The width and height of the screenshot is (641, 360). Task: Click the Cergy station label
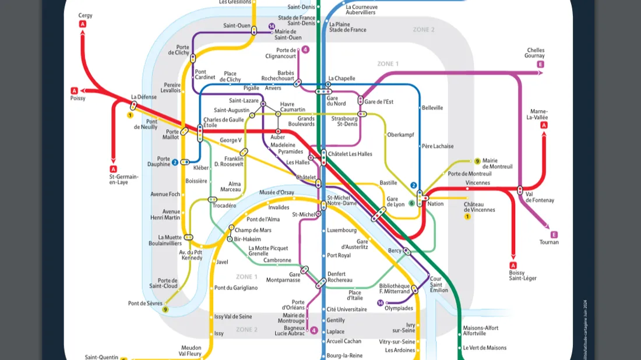(85, 16)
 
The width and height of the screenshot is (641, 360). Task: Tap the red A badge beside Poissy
(74, 90)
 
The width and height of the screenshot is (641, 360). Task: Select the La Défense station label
(143, 97)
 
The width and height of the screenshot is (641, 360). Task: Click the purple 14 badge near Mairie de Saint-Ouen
(272, 26)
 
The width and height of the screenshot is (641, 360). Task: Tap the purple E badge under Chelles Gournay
(540, 64)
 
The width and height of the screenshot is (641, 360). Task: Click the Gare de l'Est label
(379, 102)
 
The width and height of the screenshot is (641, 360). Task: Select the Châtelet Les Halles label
(350, 154)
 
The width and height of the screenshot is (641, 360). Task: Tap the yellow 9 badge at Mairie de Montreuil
(477, 161)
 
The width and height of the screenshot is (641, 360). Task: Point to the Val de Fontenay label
(540, 197)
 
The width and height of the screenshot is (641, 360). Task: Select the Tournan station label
(549, 242)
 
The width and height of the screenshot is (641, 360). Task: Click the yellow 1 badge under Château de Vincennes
(467, 217)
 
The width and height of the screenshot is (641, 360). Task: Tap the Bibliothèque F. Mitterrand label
(395, 289)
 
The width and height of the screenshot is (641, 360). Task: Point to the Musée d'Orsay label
(276, 192)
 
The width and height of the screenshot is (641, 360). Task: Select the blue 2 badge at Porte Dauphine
(175, 163)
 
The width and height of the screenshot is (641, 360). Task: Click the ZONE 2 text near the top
(424, 29)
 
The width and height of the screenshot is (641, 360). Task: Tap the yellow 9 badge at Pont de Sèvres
(165, 309)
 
